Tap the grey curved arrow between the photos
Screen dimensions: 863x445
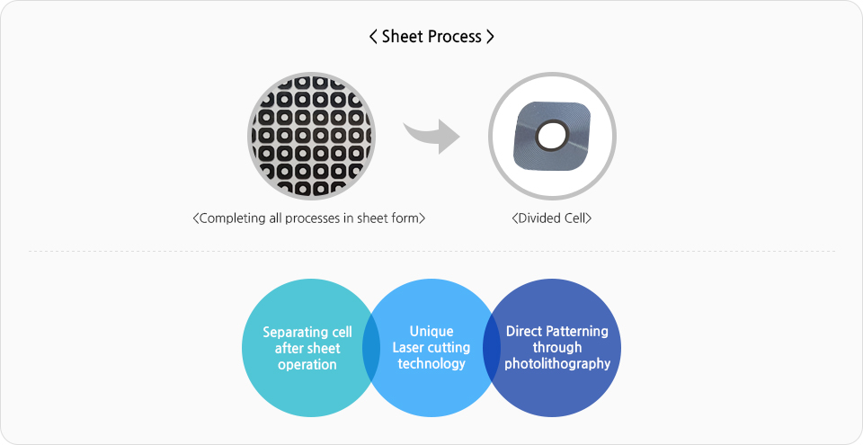click(x=432, y=137)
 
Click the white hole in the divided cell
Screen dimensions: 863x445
click(x=552, y=137)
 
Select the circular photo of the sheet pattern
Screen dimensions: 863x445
click(x=312, y=136)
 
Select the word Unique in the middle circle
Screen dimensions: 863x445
click(x=431, y=332)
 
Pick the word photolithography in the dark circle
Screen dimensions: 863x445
click(x=557, y=364)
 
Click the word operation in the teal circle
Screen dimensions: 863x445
click(x=307, y=365)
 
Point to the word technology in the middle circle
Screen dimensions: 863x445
click(x=431, y=364)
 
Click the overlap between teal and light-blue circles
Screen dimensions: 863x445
click(x=371, y=348)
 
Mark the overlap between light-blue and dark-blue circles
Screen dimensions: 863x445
click(x=492, y=348)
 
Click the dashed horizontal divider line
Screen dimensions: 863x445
click(x=431, y=252)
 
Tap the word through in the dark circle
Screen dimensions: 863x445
click(x=557, y=348)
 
